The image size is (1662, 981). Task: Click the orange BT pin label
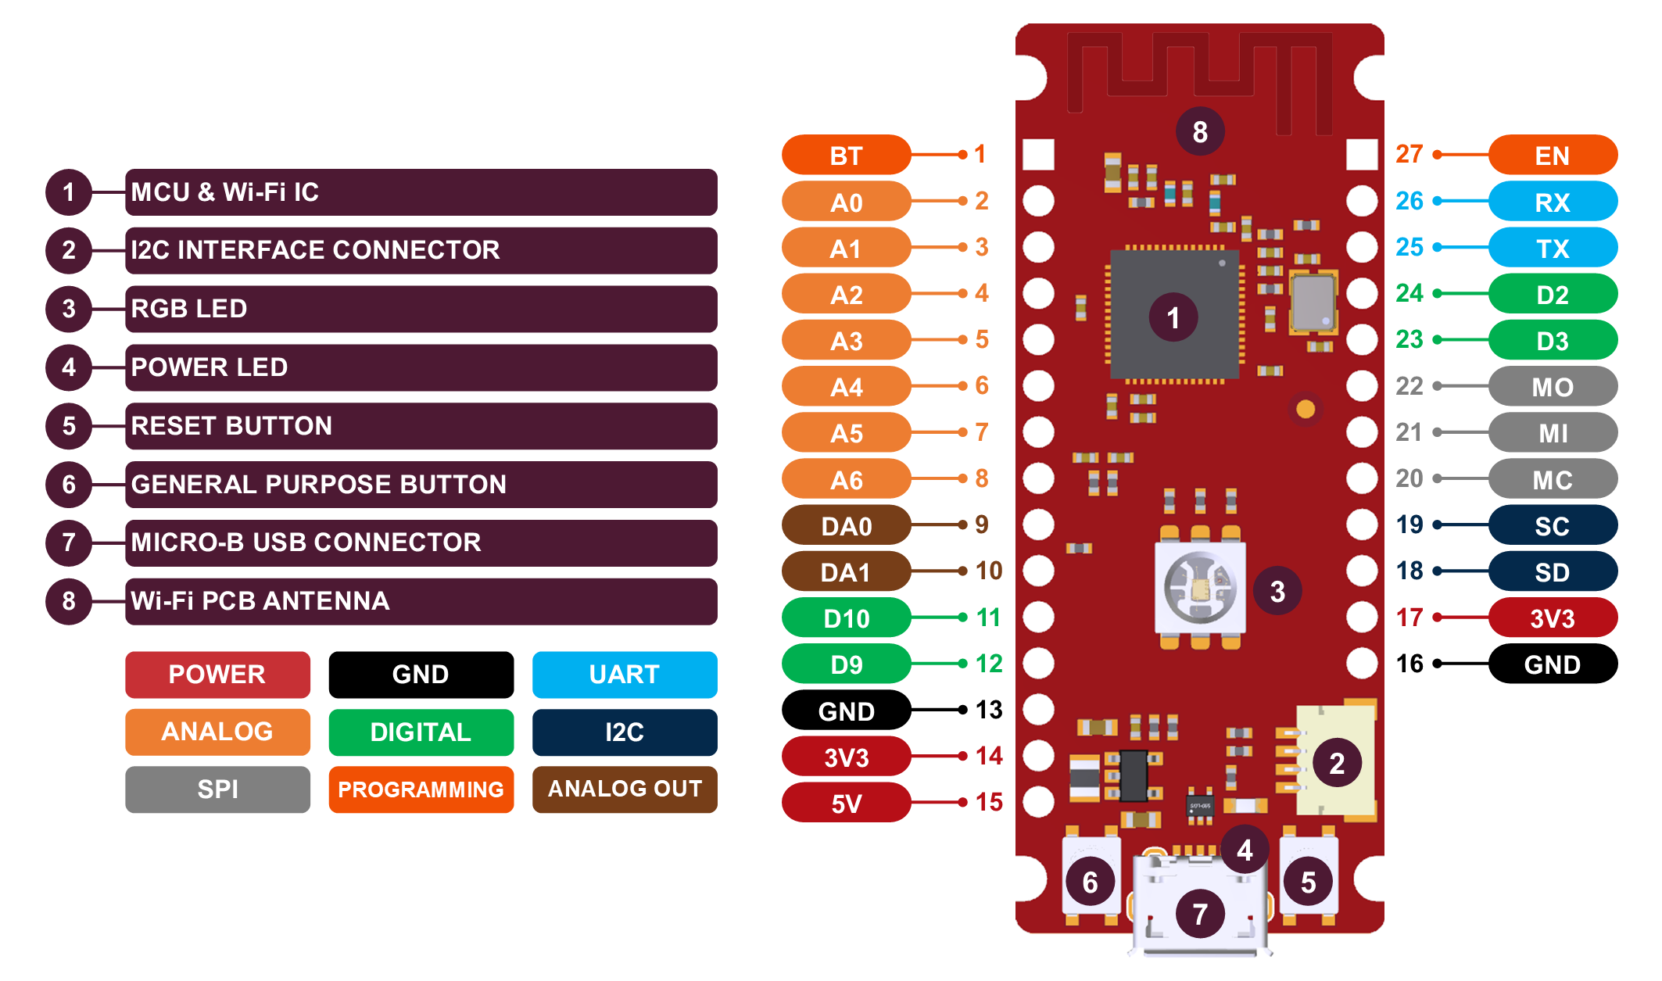click(846, 156)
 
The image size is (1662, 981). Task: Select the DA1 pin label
click(846, 572)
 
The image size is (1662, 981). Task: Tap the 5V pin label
click(846, 803)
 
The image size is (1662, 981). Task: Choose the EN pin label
click(1552, 156)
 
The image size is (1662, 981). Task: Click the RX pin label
click(1552, 202)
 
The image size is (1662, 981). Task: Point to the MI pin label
click(1552, 432)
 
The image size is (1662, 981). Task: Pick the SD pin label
click(1552, 571)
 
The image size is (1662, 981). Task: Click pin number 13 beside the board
click(989, 710)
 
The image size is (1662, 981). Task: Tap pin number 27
click(1409, 154)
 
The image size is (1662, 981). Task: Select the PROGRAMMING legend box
click(421, 789)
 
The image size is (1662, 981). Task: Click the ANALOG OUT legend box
click(625, 789)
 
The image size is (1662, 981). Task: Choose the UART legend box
click(625, 674)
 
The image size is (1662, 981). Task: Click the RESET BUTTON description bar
click(421, 426)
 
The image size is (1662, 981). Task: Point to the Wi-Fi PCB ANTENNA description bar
click(421, 601)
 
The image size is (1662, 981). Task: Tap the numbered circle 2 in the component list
click(69, 250)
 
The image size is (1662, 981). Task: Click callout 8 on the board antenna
click(1200, 131)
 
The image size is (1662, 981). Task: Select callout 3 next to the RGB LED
click(1277, 592)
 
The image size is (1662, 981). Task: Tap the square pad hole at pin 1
click(1038, 155)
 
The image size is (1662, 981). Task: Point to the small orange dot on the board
click(1306, 409)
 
